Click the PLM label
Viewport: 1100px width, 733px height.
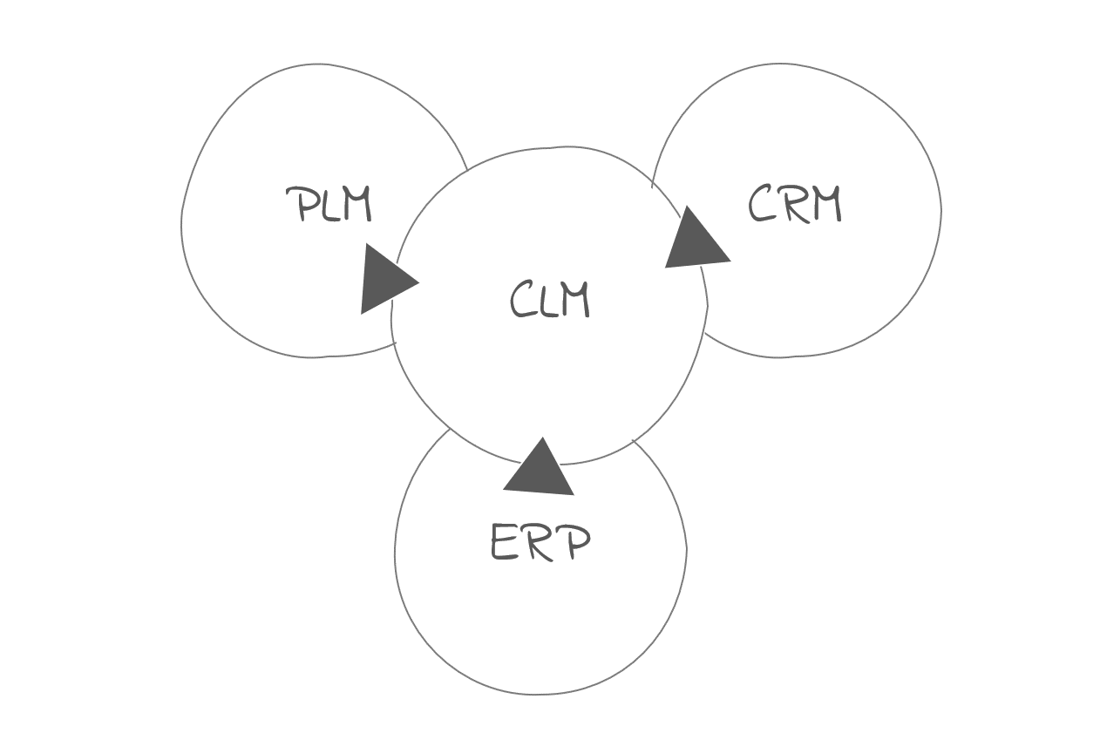click(x=329, y=205)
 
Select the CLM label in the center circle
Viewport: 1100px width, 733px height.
click(x=549, y=300)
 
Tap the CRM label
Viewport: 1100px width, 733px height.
click(x=794, y=206)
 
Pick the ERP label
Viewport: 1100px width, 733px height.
click(x=540, y=542)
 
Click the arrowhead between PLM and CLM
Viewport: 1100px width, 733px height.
click(x=384, y=280)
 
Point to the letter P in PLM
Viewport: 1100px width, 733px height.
click(x=300, y=205)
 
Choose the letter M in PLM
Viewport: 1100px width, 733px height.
click(x=356, y=205)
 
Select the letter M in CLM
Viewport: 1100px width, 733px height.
click(x=575, y=300)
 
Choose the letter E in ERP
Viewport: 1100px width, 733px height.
click(x=505, y=543)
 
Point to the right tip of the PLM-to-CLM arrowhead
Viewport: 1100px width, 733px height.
click(x=418, y=282)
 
